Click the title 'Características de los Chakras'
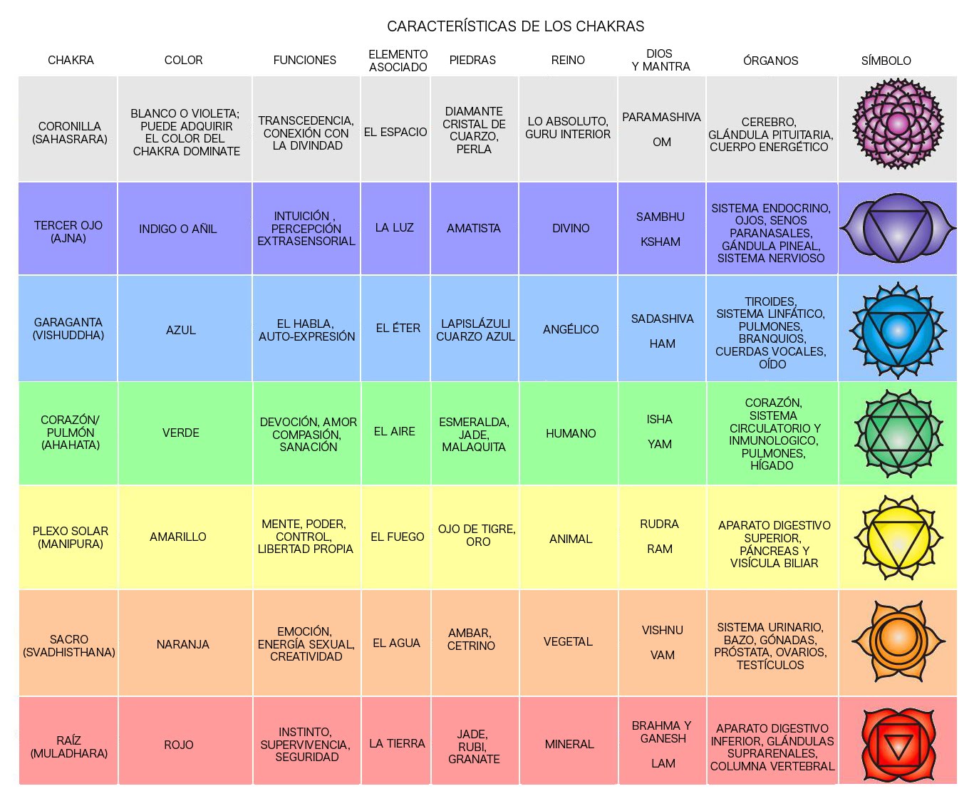(x=515, y=26)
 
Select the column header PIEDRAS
(x=472, y=61)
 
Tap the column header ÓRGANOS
(x=770, y=61)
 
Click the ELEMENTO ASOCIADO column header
(x=398, y=61)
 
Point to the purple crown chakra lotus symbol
(x=898, y=125)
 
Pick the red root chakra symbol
(x=898, y=745)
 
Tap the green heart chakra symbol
(x=898, y=433)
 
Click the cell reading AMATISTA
(x=474, y=228)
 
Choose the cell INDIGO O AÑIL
(x=177, y=229)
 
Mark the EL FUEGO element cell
(x=397, y=537)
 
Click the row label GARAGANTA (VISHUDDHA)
(x=68, y=329)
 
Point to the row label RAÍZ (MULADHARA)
(x=68, y=746)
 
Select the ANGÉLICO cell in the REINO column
(x=571, y=329)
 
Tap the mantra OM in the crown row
(x=662, y=142)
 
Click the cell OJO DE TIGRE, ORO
(x=477, y=535)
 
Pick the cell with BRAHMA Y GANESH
(x=662, y=732)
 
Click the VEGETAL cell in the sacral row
(x=568, y=641)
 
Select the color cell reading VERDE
(x=181, y=433)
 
